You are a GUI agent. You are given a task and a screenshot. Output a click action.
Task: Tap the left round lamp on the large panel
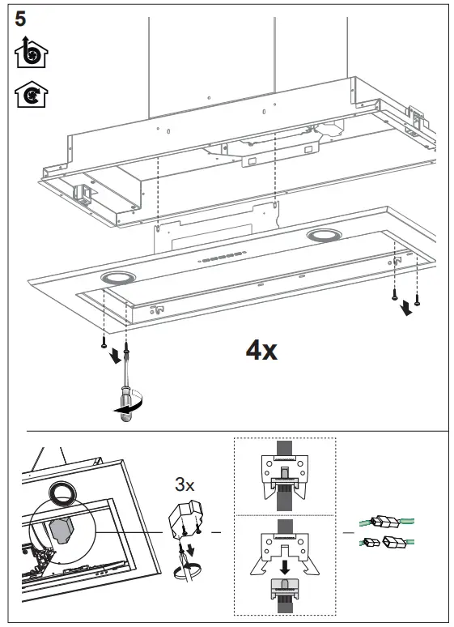[x=118, y=278]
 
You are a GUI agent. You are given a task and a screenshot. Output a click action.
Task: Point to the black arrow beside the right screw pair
[x=405, y=309]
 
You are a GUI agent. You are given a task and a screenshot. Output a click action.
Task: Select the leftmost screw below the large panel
[x=105, y=343]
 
